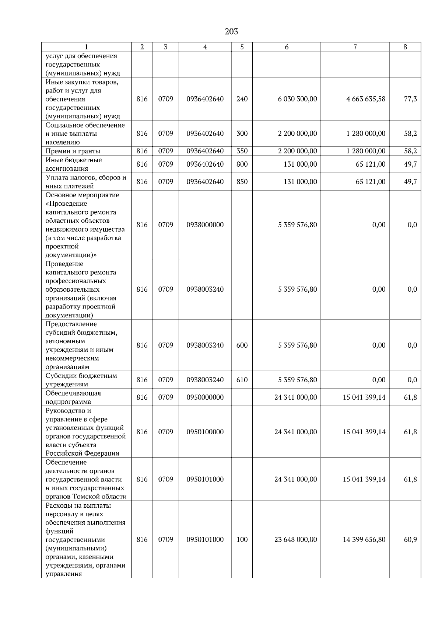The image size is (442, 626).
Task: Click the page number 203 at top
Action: tap(231, 32)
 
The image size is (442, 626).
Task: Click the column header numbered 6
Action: tap(287, 47)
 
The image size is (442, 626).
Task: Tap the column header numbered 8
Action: tap(405, 47)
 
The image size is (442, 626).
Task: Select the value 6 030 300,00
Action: tap(297, 99)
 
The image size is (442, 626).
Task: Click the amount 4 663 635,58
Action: tap(366, 99)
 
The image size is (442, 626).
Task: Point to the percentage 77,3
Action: tap(410, 99)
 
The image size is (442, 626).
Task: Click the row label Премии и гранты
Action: tap(73, 151)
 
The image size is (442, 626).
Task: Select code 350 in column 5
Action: tap(242, 151)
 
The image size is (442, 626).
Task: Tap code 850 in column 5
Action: tap(242, 182)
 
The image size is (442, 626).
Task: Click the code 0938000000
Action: tap(205, 225)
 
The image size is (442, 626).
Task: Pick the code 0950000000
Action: tap(205, 397)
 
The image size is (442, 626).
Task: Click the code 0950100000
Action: tap(205, 432)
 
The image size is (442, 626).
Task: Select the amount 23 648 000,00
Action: tap(295, 540)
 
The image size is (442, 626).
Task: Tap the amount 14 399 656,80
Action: tap(364, 540)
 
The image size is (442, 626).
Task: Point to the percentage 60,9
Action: tap(410, 540)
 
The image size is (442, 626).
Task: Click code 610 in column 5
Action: tap(242, 380)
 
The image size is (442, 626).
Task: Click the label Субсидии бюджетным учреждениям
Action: tap(81, 380)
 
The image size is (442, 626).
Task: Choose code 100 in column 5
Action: tap(242, 540)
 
